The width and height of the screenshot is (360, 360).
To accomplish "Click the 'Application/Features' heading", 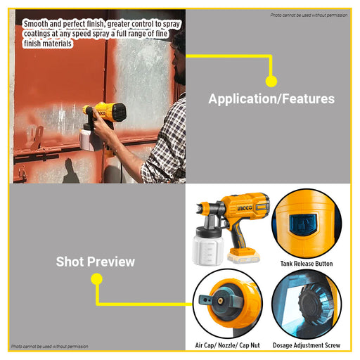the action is point(271,98).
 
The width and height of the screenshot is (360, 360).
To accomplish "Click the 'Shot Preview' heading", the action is point(96,262).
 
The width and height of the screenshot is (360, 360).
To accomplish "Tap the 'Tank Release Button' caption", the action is point(307,264).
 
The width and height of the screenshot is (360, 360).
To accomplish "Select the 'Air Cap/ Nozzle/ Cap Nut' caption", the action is point(228,345).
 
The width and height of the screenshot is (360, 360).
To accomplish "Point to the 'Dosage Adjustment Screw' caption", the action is point(307,345).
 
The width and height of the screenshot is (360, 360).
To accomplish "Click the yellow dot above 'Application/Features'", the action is point(271,82).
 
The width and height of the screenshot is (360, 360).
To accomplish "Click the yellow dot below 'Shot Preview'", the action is point(96,279).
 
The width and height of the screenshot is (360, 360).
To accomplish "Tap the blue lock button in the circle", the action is point(303,224).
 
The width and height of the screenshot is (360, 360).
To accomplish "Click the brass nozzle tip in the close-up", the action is point(220,300).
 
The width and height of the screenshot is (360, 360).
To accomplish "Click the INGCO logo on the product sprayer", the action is point(245,208).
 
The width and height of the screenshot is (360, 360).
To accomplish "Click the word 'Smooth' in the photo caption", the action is point(36,24).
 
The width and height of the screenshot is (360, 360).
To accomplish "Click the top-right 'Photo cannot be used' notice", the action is point(309,15).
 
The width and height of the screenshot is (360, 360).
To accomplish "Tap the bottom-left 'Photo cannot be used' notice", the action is point(50,346).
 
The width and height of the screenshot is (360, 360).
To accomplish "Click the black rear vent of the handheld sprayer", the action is point(119,112).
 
